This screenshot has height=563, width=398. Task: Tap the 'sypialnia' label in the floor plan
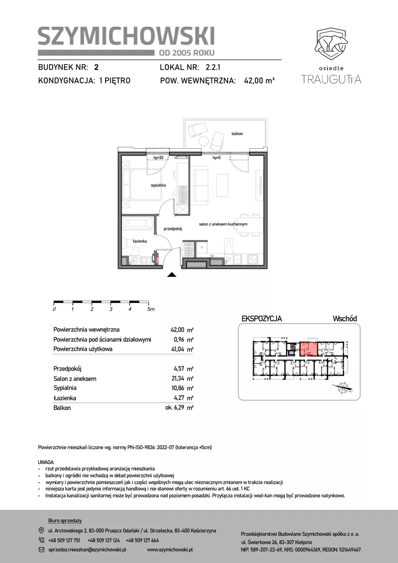coord(158,185)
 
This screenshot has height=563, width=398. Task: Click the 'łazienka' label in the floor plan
coord(140,241)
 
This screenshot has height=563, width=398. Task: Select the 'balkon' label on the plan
coord(237,134)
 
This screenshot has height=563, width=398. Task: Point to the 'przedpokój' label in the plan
coord(173,229)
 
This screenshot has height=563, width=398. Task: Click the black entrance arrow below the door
coord(172,275)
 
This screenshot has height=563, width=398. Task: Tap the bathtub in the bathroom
coord(138,225)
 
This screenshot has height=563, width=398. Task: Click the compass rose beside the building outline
coord(344,387)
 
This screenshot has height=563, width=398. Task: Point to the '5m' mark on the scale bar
coord(151,309)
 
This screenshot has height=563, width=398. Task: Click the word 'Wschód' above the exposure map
coord(345,319)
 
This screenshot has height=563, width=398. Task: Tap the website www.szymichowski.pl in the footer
coord(170,549)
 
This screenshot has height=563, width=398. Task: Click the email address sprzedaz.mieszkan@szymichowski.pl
coord(87,549)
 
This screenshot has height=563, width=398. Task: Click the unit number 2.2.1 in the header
coord(214,67)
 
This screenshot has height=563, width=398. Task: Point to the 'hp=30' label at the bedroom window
coord(158,158)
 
